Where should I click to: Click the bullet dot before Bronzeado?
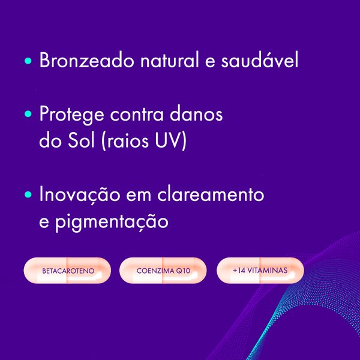point(28,62)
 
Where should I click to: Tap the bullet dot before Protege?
point(28,115)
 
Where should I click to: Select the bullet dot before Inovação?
point(28,196)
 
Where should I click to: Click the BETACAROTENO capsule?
point(67,271)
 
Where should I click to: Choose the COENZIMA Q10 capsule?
point(163,271)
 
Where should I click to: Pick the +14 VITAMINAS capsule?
point(260,271)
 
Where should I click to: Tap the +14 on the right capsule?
point(238,271)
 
